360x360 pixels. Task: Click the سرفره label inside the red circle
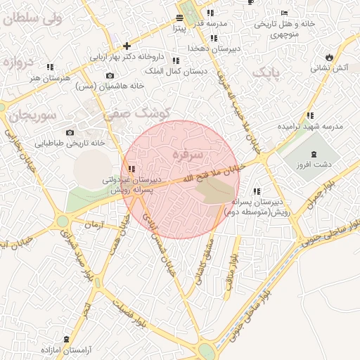coord(187,153)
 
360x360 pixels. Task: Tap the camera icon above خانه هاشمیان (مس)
coord(110,75)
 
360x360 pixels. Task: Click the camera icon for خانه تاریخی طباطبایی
coord(70,132)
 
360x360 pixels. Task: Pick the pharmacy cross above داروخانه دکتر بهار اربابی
coord(127,46)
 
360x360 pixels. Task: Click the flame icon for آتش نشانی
coord(329,58)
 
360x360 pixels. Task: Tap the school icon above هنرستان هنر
coord(49,67)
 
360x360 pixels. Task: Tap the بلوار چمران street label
coord(322,195)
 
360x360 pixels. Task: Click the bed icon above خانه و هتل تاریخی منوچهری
coord(284,13)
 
